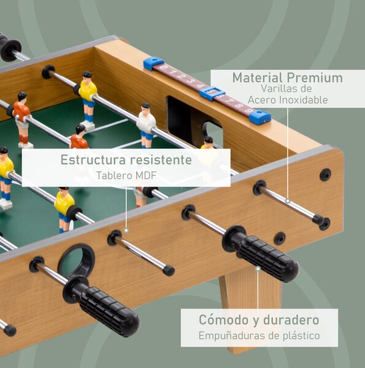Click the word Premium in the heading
(x=315, y=78)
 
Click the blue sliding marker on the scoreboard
(x=210, y=93)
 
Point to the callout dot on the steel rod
(x=288, y=201)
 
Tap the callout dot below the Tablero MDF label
(x=126, y=231)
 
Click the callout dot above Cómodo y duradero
(x=258, y=269)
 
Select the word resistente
(x=161, y=160)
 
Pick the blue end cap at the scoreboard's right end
(x=260, y=117)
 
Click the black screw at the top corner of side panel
(x=325, y=174)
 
